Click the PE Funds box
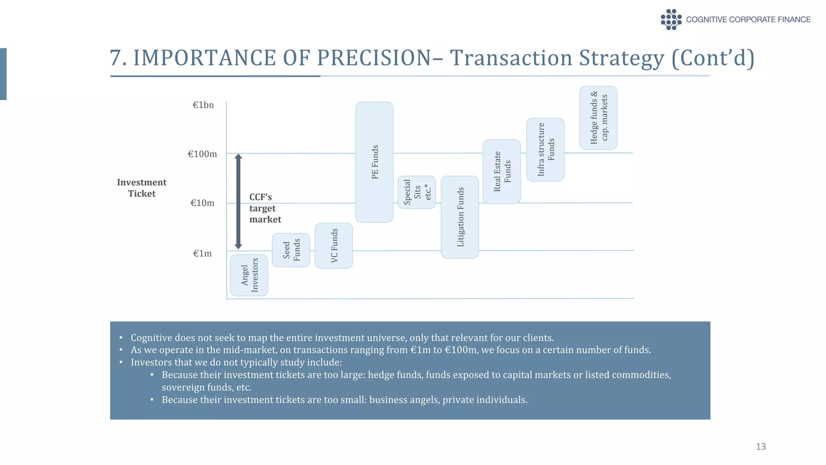(374, 162)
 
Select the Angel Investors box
(249, 275)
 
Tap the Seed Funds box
(291, 250)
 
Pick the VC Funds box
(334, 245)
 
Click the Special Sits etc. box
(417, 192)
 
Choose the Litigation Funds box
(460, 217)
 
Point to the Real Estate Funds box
(502, 172)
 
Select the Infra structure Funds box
(545, 150)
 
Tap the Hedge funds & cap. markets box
(598, 118)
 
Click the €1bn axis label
(203, 105)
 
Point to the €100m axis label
(202, 154)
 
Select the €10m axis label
(202, 203)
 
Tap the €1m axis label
(202, 253)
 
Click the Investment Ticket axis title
(142, 188)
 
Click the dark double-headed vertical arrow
(238, 201)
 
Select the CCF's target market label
(265, 208)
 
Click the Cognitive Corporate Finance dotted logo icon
(671, 19)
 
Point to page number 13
(761, 446)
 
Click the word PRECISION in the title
(374, 58)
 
